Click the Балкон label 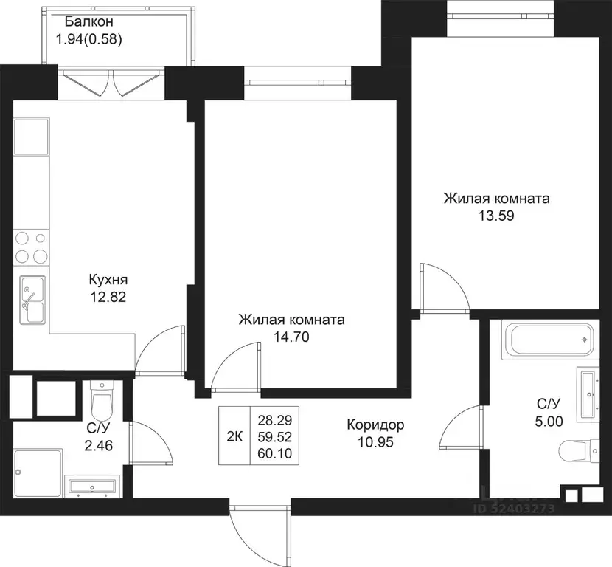coord(89,21)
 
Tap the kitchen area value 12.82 coord(108,297)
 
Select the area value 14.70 coord(291,337)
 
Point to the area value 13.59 coord(496,216)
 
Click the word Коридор coord(375,425)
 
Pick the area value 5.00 coord(549,422)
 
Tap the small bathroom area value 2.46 coord(98,445)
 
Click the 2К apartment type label coord(234,436)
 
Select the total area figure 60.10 coord(275,453)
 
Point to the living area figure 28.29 coord(275,421)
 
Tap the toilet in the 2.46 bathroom coord(102,401)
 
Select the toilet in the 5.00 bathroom coord(580,450)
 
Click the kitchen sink coord(32,300)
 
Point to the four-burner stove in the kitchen coord(31,247)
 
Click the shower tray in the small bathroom coord(38,473)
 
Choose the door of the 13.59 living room coord(444,289)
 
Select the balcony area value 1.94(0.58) coord(89,39)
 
